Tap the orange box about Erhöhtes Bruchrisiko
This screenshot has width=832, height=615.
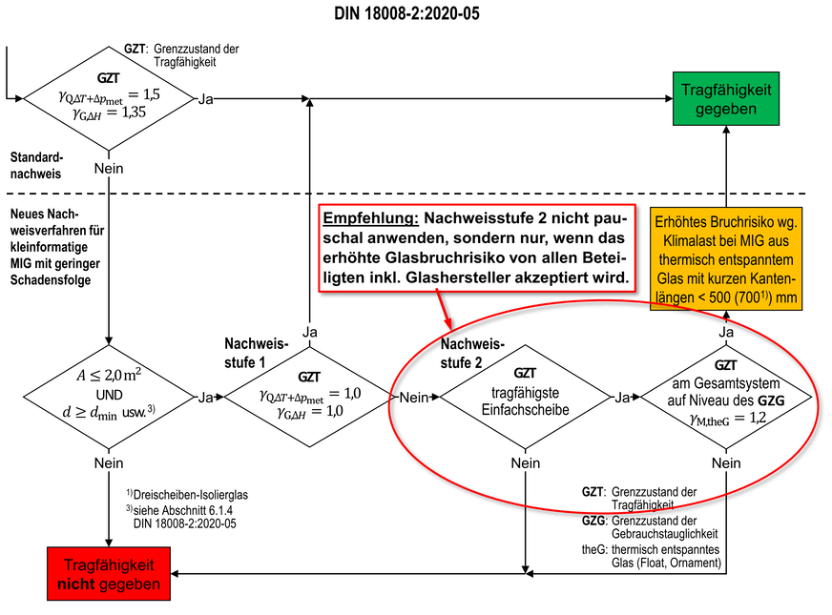(725, 258)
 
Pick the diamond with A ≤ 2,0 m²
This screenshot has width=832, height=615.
(110, 396)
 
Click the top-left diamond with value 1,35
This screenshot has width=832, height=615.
(110, 97)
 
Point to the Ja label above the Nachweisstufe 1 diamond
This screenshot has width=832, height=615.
(309, 331)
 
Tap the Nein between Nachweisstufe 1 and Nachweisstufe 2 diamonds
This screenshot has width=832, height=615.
(412, 396)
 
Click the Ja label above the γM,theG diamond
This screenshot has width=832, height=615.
(725, 332)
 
